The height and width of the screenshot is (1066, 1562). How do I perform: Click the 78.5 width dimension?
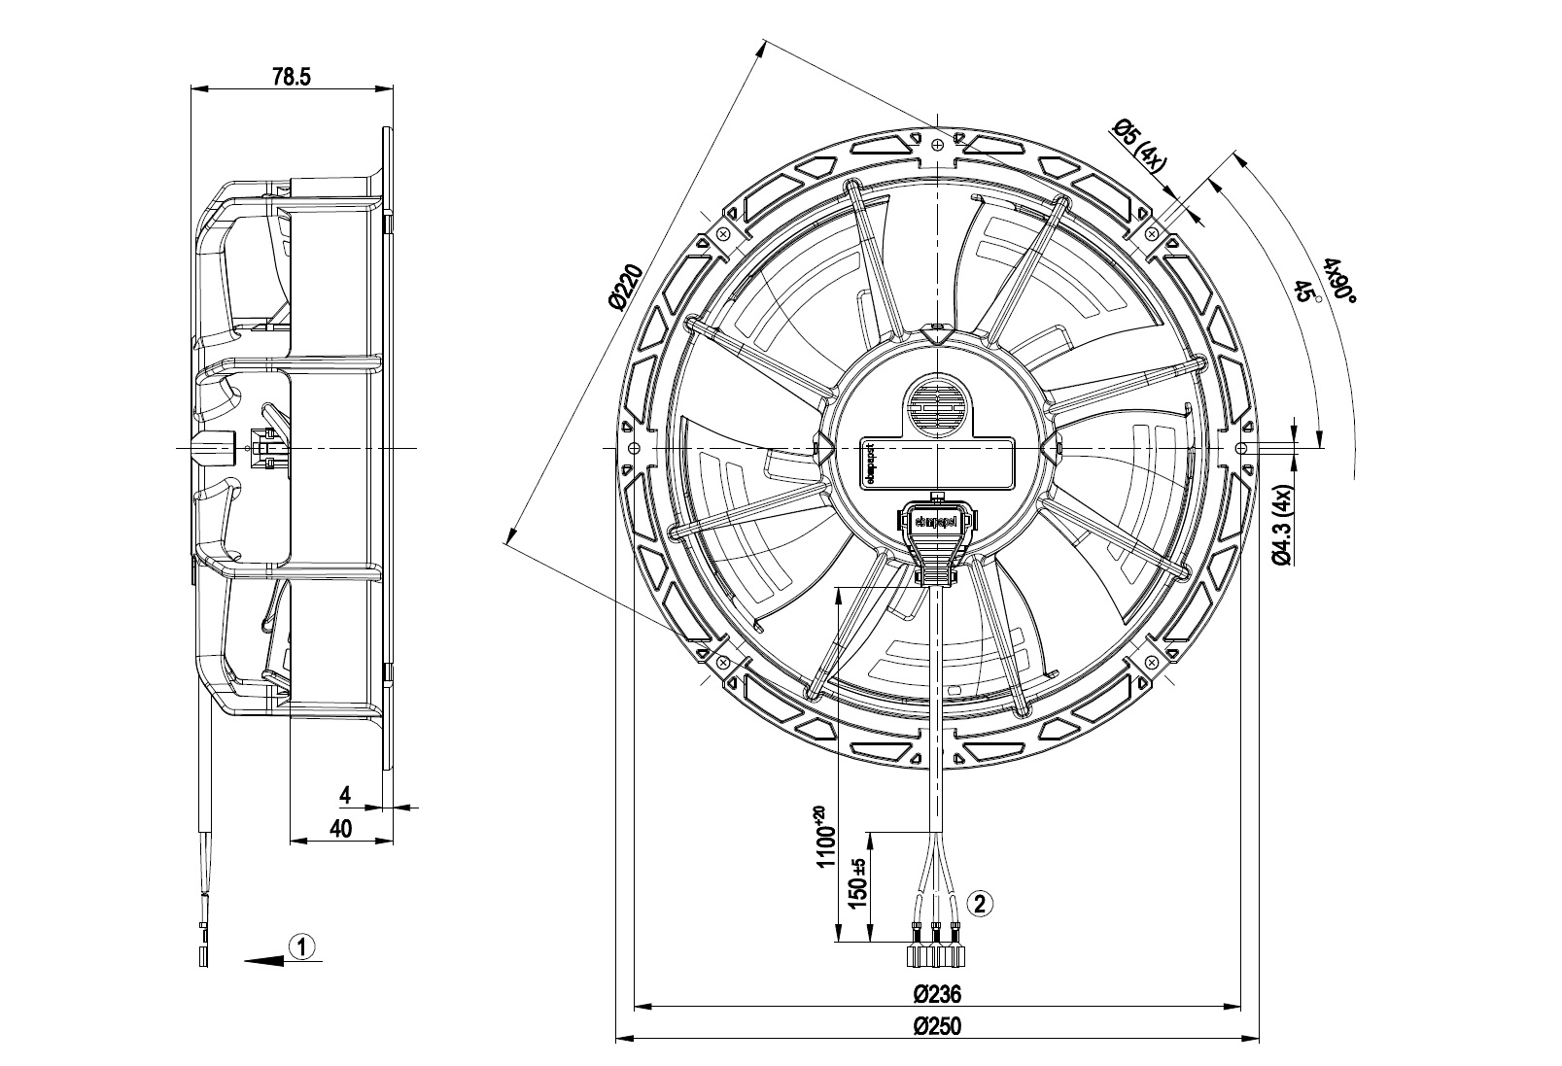click(291, 78)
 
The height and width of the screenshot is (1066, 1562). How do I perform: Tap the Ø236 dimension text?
click(937, 994)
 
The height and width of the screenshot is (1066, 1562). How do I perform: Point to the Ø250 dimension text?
click(937, 1027)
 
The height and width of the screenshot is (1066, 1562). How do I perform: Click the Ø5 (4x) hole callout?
click(1137, 146)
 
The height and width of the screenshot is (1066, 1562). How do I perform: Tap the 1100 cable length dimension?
click(825, 838)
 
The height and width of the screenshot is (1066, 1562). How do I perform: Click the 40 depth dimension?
click(340, 828)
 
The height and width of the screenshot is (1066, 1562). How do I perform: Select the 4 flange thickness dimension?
click(344, 796)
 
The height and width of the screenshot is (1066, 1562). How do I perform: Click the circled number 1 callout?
click(303, 946)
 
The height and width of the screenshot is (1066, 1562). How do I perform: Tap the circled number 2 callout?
click(980, 903)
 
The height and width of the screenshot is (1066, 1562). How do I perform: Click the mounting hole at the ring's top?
click(937, 145)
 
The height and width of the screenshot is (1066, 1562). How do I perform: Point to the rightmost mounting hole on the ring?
click(1241, 448)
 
